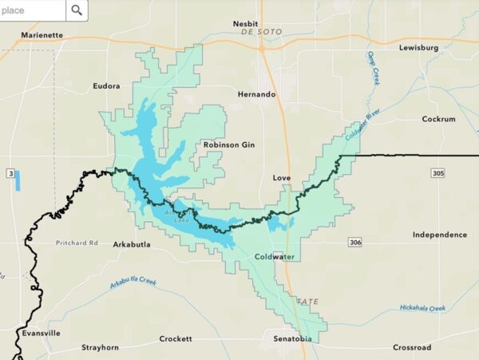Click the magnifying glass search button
[77, 10]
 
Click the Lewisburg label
[420, 48]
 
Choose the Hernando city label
[256, 94]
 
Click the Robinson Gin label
[229, 144]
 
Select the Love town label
[281, 177]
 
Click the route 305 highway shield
[461, 172]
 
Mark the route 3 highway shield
[10, 172]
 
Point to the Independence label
[440, 235]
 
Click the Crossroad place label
[412, 347]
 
